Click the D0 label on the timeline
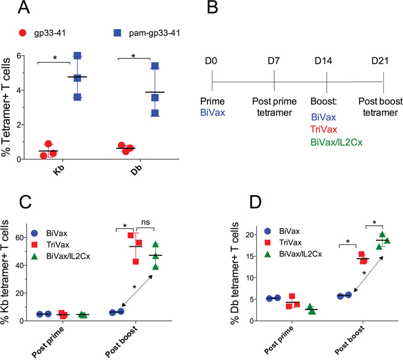[213, 61]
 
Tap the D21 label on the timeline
[382, 61]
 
